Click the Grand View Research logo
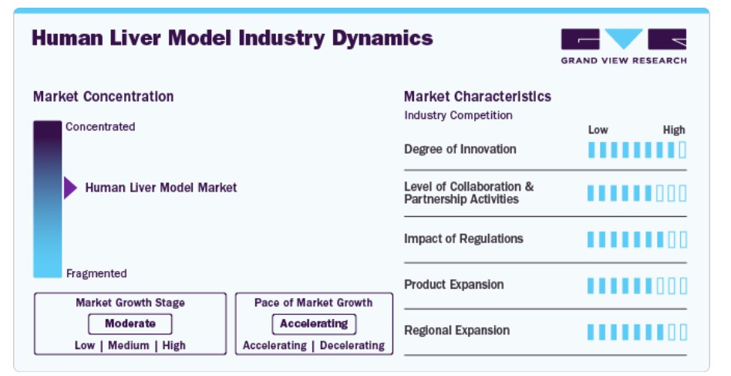(x=623, y=46)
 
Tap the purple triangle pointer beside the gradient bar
(x=70, y=188)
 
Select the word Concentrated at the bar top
(x=100, y=127)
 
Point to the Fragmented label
(x=96, y=273)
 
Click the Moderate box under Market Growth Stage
(x=130, y=323)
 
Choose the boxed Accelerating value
(x=314, y=323)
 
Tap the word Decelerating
(x=352, y=346)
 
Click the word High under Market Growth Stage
(x=174, y=346)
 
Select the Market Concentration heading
(x=103, y=97)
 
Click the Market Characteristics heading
(x=477, y=97)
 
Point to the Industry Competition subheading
(x=458, y=115)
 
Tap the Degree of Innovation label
(x=460, y=149)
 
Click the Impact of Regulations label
(x=463, y=239)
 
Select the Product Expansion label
(x=453, y=285)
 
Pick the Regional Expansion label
(x=456, y=330)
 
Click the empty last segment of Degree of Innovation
(x=682, y=151)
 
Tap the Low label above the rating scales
(x=598, y=130)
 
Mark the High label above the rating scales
(x=674, y=130)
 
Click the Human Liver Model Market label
(x=161, y=188)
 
